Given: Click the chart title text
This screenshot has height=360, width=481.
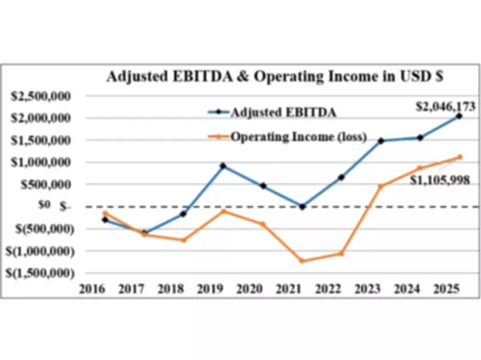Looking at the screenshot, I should (x=275, y=77).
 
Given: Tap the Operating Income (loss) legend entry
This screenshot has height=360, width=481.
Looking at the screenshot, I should (x=298, y=136).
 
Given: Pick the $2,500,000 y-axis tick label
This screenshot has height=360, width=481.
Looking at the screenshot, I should (x=44, y=96).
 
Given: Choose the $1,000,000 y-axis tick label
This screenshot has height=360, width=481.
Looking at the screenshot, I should (x=44, y=162).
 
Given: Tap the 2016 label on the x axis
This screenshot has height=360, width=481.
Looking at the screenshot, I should (x=93, y=290).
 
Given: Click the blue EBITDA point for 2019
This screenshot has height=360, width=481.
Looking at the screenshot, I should (x=223, y=166).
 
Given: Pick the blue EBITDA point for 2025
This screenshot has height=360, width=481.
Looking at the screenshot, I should (x=459, y=116).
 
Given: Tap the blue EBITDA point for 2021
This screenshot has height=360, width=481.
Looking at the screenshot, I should (x=302, y=206).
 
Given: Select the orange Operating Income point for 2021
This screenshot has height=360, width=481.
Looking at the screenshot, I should (x=302, y=261).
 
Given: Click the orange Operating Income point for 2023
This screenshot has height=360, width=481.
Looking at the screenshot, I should (x=381, y=186).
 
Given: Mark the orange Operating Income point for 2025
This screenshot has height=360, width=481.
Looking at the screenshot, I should (x=459, y=157).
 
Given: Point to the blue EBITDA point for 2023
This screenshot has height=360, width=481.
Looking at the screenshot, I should (x=381, y=141).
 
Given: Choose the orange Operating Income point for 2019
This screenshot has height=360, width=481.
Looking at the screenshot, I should (x=223, y=211).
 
